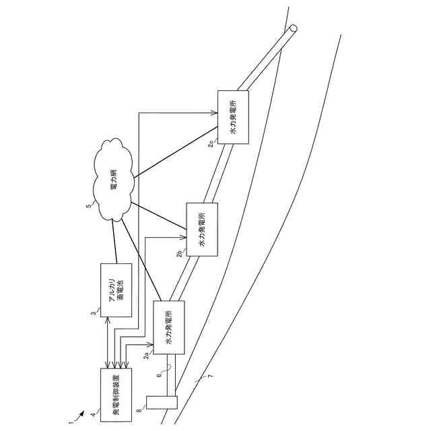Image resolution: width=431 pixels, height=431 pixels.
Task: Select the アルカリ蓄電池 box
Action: click(x=116, y=290)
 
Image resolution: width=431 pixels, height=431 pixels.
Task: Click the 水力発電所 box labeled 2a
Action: click(x=169, y=328)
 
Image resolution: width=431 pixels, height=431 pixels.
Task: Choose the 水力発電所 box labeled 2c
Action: click(x=233, y=117)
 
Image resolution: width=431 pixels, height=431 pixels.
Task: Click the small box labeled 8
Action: click(x=162, y=403)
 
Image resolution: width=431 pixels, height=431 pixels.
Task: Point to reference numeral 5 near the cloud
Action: click(x=89, y=206)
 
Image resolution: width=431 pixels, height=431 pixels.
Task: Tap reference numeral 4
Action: click(x=92, y=415)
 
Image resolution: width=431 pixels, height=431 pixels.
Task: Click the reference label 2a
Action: click(x=146, y=355)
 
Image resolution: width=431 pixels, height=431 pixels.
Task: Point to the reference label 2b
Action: click(x=179, y=254)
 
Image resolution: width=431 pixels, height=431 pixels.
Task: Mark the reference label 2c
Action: click(x=211, y=143)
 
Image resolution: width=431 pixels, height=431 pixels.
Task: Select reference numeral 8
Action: click(x=139, y=407)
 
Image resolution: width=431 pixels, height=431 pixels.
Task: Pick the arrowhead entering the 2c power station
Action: click(x=215, y=113)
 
